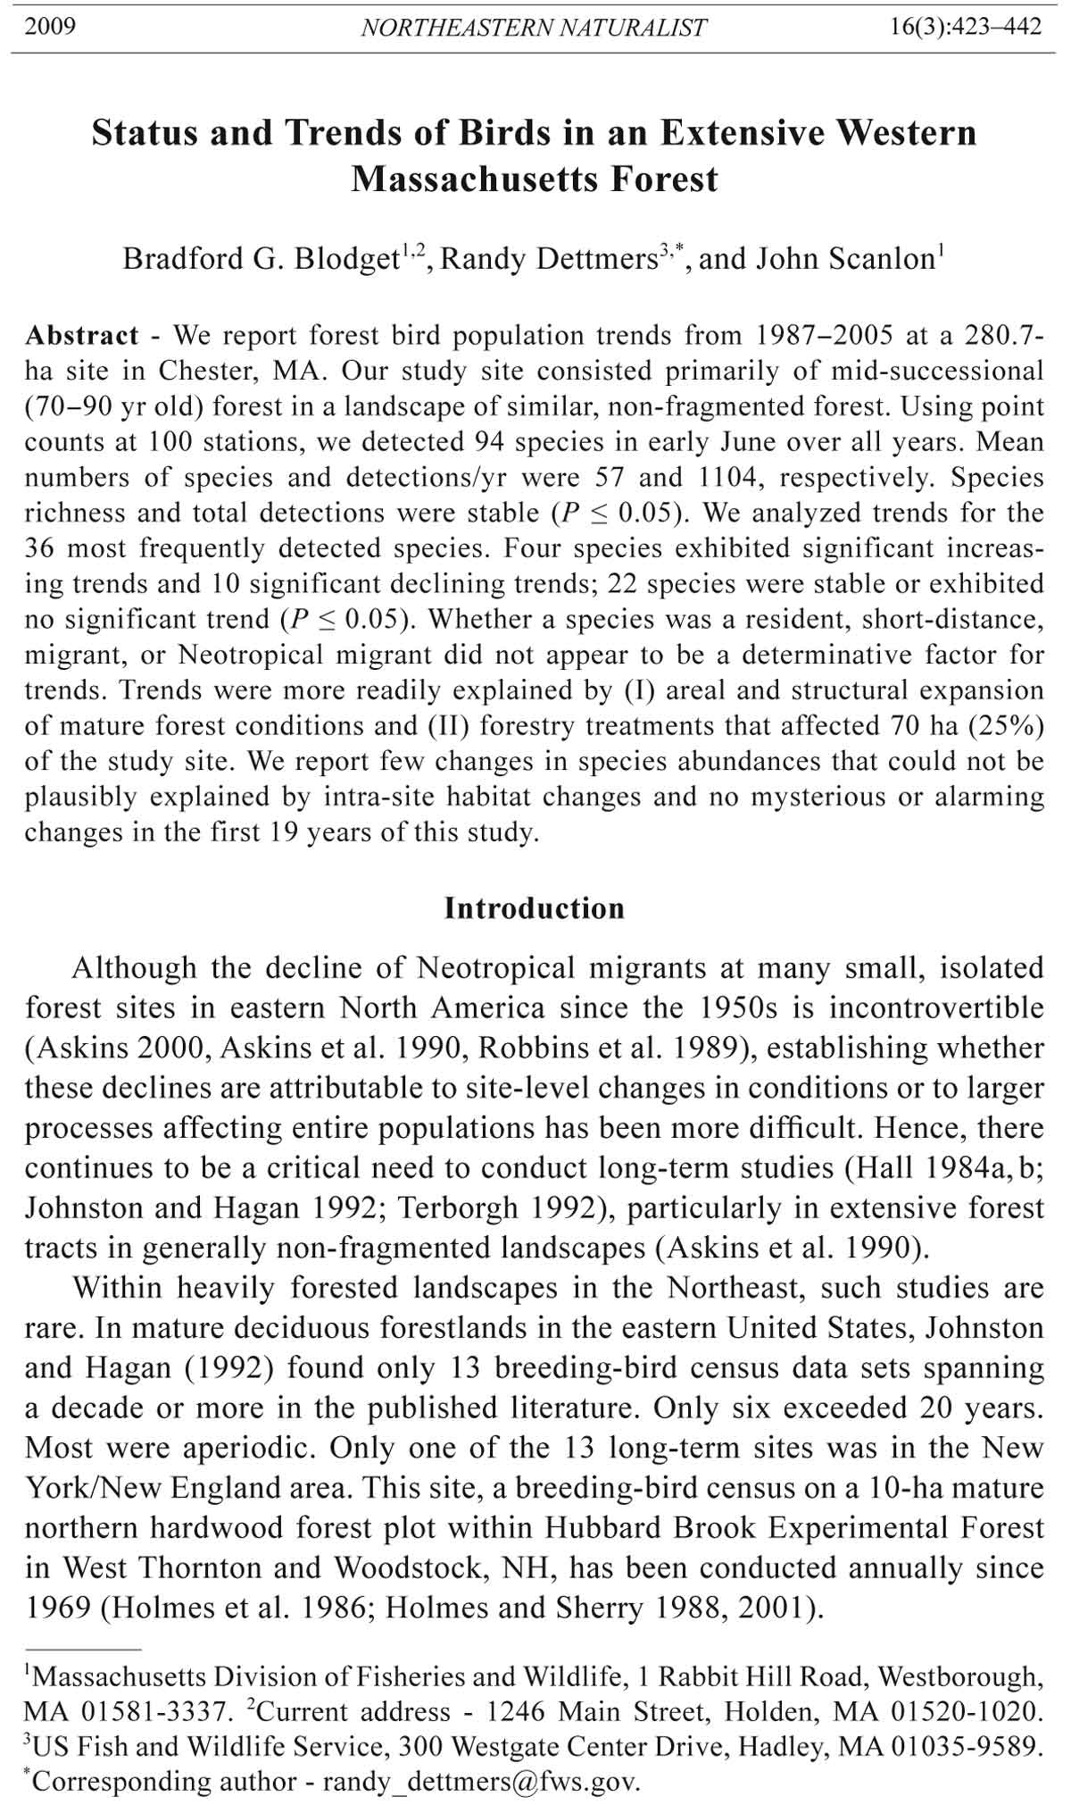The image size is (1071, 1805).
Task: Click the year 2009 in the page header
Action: (x=50, y=27)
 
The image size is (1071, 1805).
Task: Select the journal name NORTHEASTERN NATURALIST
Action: (x=533, y=29)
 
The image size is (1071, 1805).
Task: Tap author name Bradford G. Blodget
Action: (x=260, y=259)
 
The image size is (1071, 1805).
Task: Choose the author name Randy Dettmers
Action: (x=549, y=259)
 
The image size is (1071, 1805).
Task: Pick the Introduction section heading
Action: (x=535, y=908)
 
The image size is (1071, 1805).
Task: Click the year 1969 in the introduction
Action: (x=57, y=1609)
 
